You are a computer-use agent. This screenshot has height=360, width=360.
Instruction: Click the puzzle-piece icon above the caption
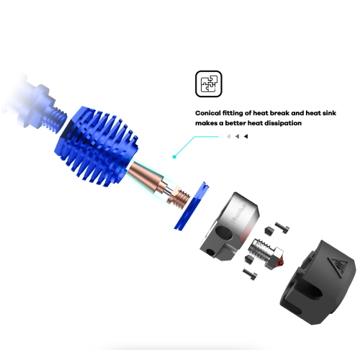coord(209,84)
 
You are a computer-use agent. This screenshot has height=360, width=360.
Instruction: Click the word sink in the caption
coord(329,113)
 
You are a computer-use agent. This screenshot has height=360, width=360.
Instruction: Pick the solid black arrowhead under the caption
coord(246,136)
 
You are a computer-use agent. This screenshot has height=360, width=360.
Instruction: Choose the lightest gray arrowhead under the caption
coord(228,136)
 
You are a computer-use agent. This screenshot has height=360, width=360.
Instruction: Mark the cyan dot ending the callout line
coord(174,157)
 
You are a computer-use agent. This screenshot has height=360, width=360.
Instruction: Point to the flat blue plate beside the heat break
coord(192,206)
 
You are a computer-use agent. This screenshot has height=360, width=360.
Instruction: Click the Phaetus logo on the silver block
coord(238,214)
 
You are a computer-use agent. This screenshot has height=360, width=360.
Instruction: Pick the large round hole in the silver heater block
coord(224,233)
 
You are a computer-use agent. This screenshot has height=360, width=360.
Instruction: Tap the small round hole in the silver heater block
coord(210,252)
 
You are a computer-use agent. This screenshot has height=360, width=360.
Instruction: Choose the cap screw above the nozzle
coord(282,228)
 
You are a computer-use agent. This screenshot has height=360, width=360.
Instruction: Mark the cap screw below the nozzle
coord(250,274)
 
